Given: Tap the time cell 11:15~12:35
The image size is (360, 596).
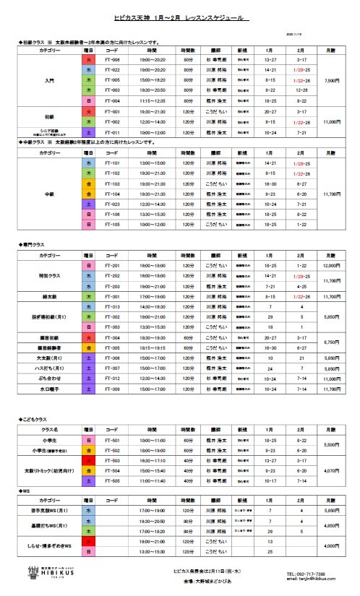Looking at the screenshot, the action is (x=152, y=100).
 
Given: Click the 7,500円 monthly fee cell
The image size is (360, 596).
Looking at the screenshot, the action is (x=333, y=80).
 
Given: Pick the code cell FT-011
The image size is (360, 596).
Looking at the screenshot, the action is (x=111, y=133).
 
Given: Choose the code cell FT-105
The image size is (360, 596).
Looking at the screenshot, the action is (x=111, y=225).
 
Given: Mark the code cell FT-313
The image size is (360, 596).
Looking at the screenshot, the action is (x=111, y=306).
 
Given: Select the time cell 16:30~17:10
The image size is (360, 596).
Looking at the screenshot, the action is (x=152, y=459).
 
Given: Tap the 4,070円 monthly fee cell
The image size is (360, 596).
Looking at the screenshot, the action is (x=333, y=470).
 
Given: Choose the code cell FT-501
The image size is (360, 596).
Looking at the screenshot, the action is (x=111, y=439).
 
